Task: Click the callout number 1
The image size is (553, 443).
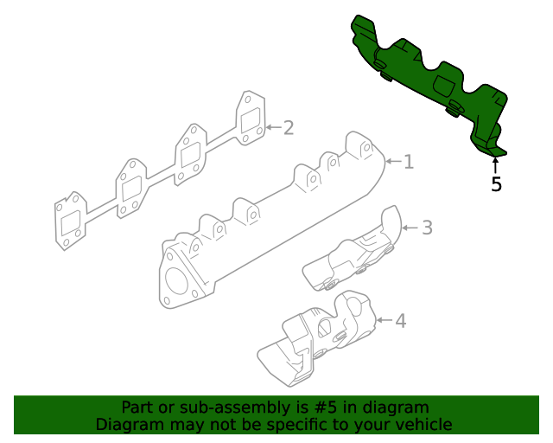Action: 409,162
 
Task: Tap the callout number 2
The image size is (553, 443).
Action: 289,128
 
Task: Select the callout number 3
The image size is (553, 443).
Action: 427,228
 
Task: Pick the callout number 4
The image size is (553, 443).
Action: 401,321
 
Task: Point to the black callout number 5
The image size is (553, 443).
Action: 496,184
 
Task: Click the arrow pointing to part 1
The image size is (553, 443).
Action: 394,161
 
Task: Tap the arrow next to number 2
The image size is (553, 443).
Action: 274,127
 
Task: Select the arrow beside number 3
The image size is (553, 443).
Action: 410,228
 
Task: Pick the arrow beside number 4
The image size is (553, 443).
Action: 385,320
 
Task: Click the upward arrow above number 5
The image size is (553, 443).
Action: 495,166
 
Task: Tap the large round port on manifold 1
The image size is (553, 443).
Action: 176,280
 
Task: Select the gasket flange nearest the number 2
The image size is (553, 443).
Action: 251,119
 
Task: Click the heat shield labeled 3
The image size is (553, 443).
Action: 353,248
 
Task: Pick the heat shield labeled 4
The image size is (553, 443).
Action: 317,338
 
